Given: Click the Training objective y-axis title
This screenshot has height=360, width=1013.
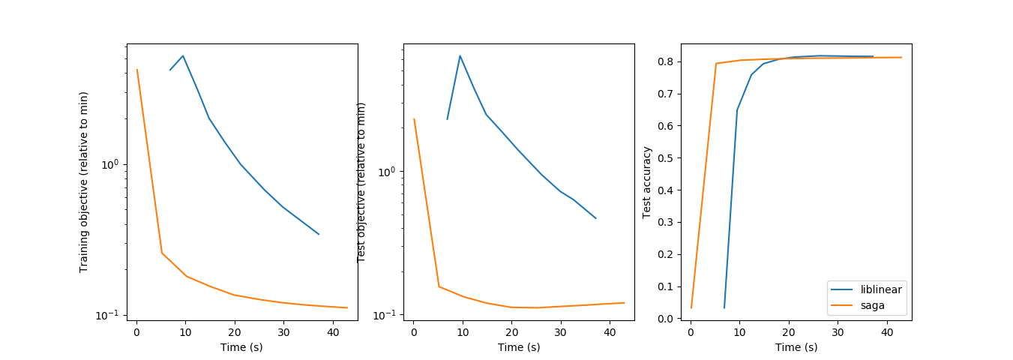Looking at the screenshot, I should pos(84,181).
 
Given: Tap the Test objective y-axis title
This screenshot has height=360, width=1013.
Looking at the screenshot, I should pos(361,181).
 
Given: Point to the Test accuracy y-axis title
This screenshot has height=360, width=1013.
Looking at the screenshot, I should pos(646,181).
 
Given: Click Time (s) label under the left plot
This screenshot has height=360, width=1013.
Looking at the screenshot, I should pos(241,347).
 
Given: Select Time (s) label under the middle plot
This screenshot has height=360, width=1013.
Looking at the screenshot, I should pos(519,347).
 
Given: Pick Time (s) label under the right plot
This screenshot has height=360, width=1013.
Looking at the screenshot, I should pos(796,347).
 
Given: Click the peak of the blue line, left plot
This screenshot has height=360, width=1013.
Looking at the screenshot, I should pos(183,55).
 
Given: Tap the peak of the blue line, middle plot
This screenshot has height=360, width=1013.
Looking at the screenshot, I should pos(460,55).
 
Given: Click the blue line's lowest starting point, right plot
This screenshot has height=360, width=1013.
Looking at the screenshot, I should pos(724,307).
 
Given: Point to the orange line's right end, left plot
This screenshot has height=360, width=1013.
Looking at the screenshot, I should pos(347,307).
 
